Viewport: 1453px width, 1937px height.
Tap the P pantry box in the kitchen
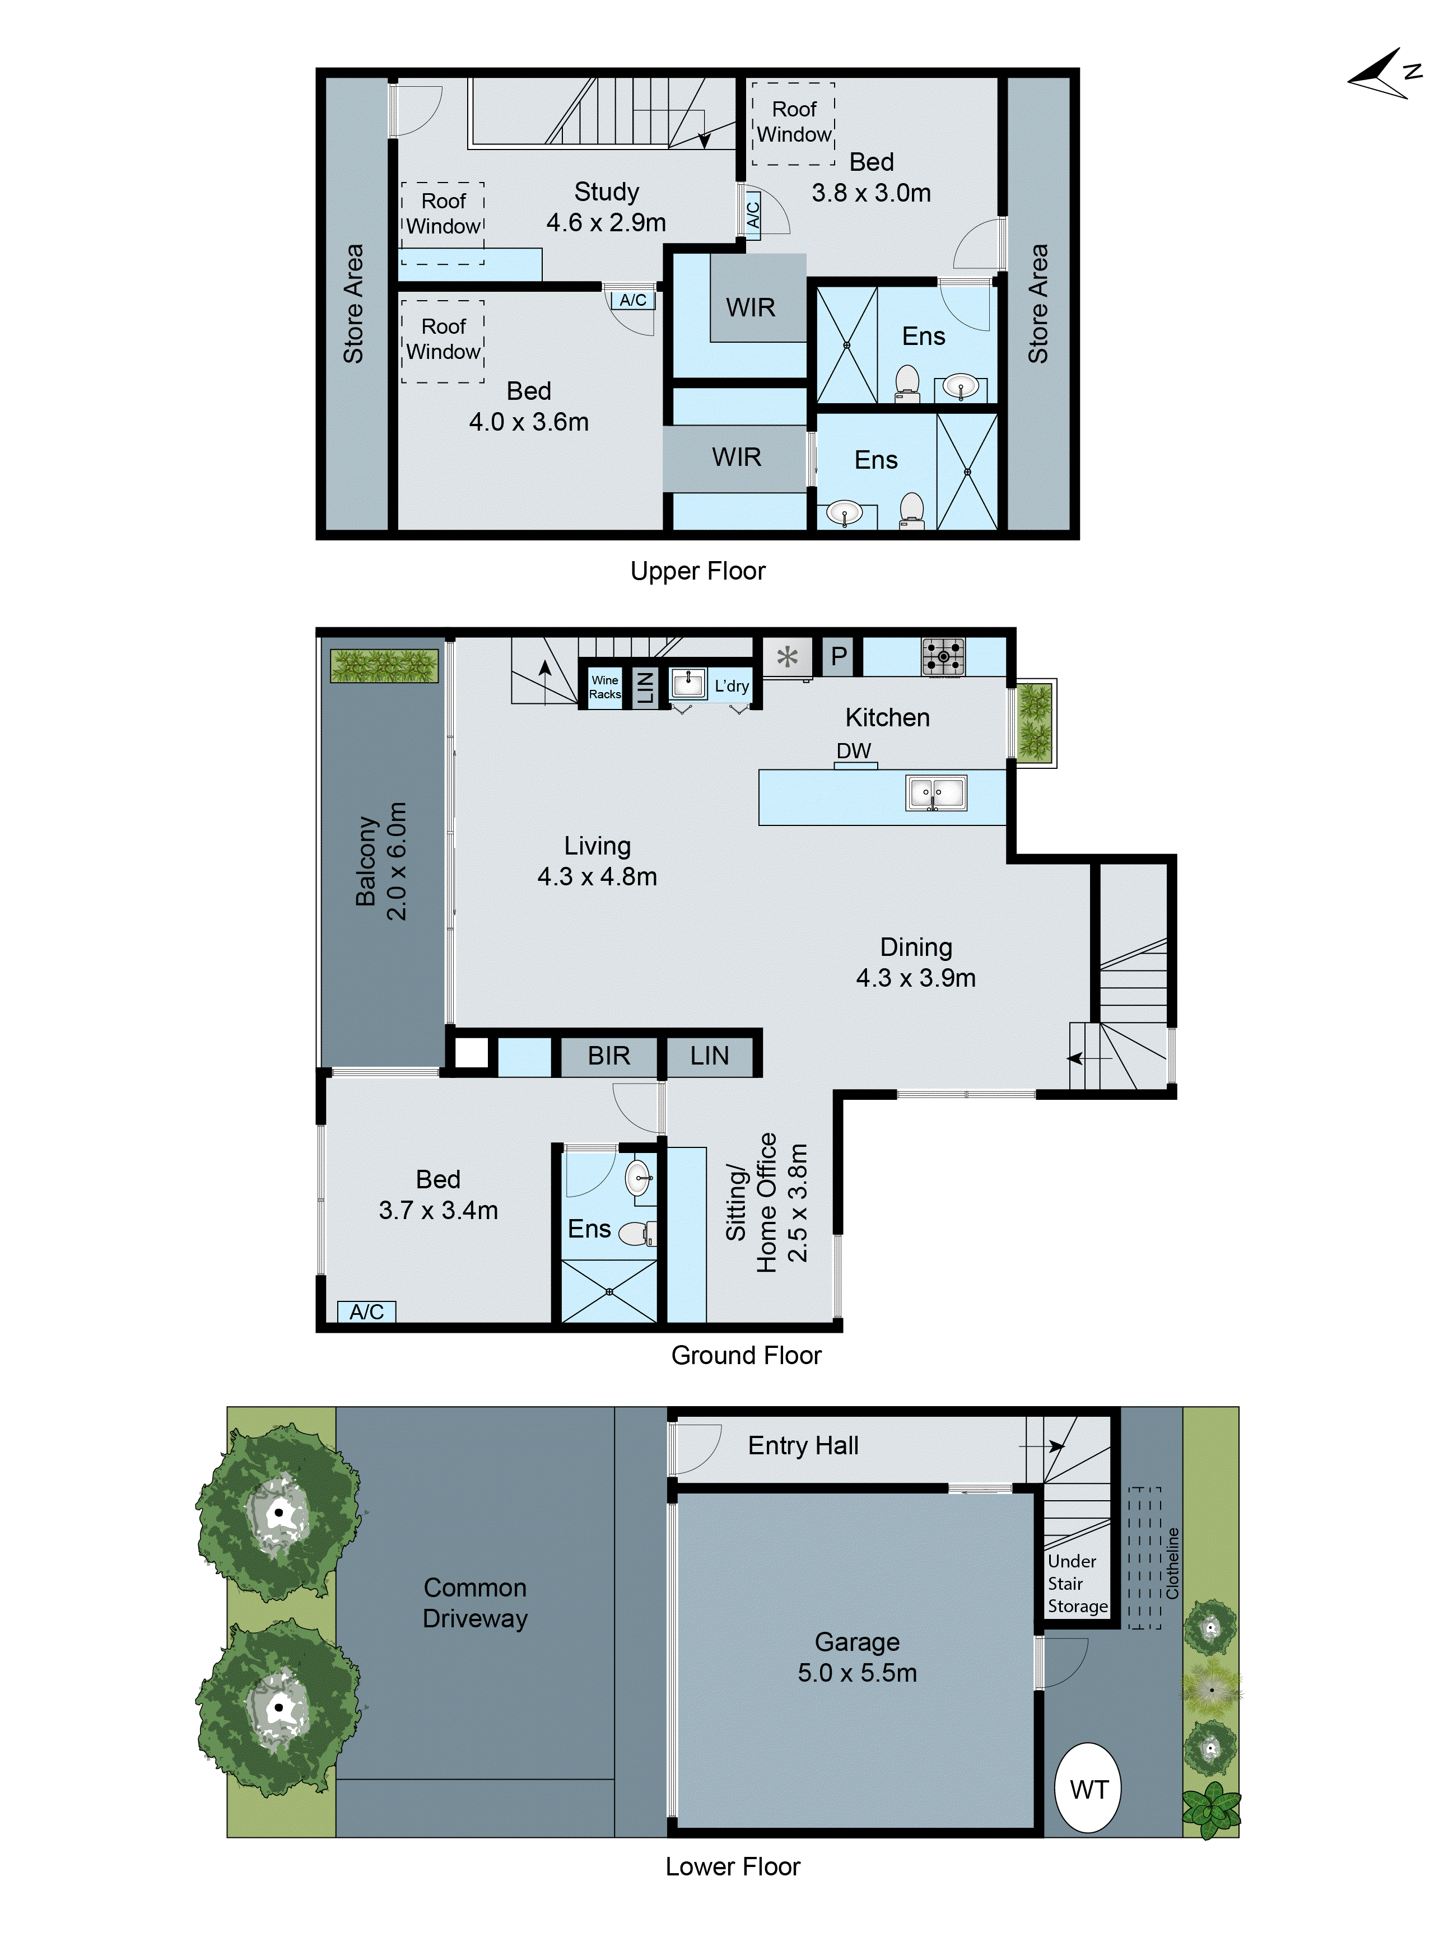click(838, 656)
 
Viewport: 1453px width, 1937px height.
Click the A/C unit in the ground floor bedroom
click(366, 1311)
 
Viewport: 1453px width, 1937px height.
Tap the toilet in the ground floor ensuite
click(637, 1234)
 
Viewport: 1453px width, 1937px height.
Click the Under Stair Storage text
click(1077, 1583)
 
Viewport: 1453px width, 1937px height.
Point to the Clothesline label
click(1172, 1563)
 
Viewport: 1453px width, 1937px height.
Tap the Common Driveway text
click(474, 1603)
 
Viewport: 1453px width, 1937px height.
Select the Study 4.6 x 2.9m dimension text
click(606, 222)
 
